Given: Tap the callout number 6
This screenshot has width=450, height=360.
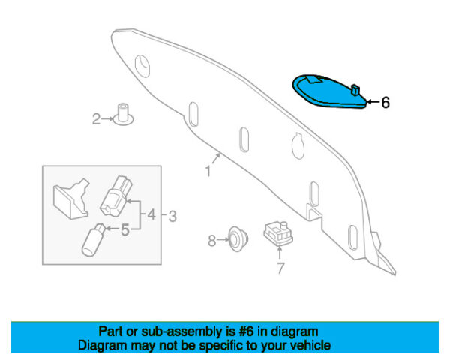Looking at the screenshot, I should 385,103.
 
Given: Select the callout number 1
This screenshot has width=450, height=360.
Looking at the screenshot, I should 208,172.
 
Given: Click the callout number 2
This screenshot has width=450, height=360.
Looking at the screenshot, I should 96,118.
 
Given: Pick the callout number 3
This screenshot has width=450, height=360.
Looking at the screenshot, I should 172,217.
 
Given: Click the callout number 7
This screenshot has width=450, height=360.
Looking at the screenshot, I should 280,268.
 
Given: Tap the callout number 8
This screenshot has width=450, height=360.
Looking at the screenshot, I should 211,240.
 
